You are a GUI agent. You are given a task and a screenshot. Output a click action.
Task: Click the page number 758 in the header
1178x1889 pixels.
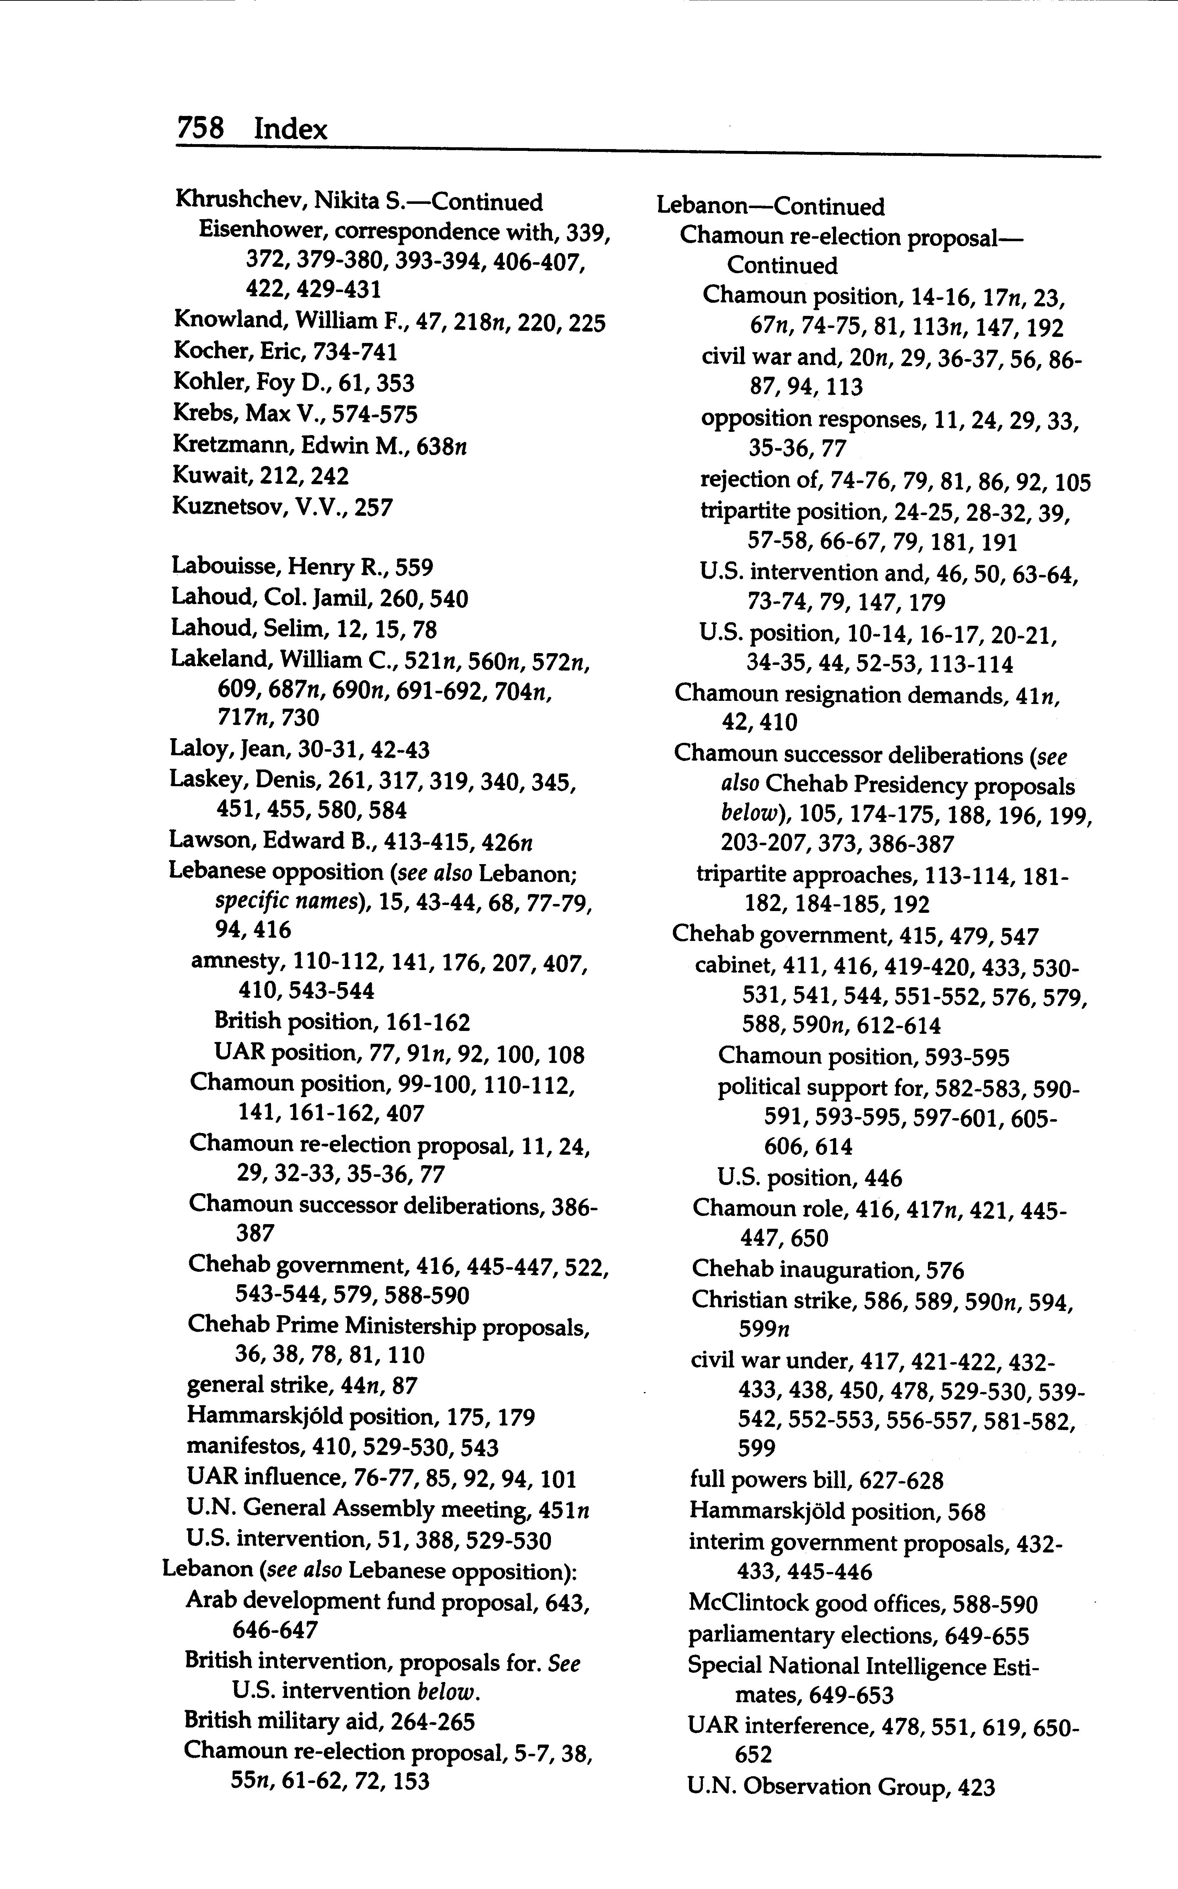[x=201, y=128]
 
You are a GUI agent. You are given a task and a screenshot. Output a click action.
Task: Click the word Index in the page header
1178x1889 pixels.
[x=291, y=128]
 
